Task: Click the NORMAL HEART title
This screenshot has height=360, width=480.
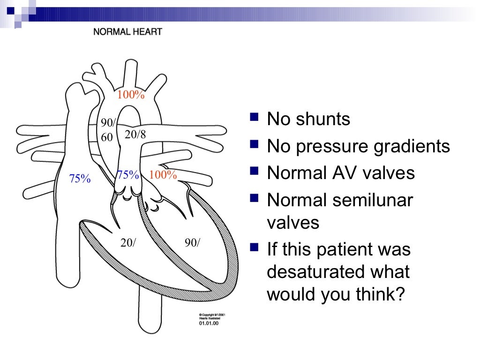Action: [x=127, y=32]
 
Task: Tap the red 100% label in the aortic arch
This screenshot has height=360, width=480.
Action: [x=131, y=95]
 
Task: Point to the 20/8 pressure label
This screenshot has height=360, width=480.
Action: [x=135, y=135]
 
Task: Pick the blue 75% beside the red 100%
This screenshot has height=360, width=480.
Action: [x=128, y=175]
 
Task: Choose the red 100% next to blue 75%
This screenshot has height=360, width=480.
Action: [x=163, y=175]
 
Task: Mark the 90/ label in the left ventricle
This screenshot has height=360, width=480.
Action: [x=192, y=243]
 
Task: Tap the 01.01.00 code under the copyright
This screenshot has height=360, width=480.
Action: [x=206, y=322]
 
